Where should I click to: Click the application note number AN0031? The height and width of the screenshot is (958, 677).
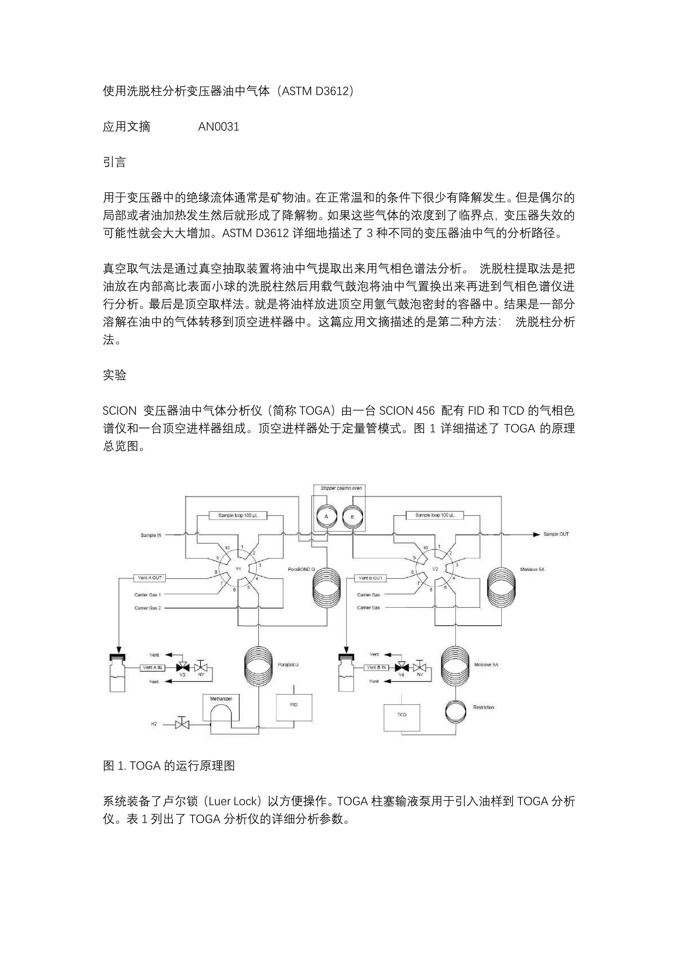(218, 126)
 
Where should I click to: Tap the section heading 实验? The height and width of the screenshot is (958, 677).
(114, 375)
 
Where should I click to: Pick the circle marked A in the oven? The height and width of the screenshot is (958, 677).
(327, 516)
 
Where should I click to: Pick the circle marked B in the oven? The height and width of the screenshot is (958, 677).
(352, 516)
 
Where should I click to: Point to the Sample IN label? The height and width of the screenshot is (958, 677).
(151, 535)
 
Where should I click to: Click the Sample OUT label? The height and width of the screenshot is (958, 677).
(556, 534)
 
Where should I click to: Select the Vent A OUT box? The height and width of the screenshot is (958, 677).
(150, 578)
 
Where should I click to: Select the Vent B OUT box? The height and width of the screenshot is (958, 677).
(371, 578)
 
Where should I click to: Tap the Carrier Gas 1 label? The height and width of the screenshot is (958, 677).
(147, 595)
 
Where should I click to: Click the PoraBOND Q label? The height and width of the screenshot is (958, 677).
(302, 569)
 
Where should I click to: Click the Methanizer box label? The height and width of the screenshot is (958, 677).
(221, 698)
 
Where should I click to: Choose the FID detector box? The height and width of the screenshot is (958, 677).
(294, 707)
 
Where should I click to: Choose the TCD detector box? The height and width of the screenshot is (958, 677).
(402, 718)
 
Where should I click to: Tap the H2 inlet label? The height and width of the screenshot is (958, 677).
(154, 724)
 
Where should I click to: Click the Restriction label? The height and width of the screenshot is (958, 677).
(483, 707)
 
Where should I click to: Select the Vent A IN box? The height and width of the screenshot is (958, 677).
(152, 668)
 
